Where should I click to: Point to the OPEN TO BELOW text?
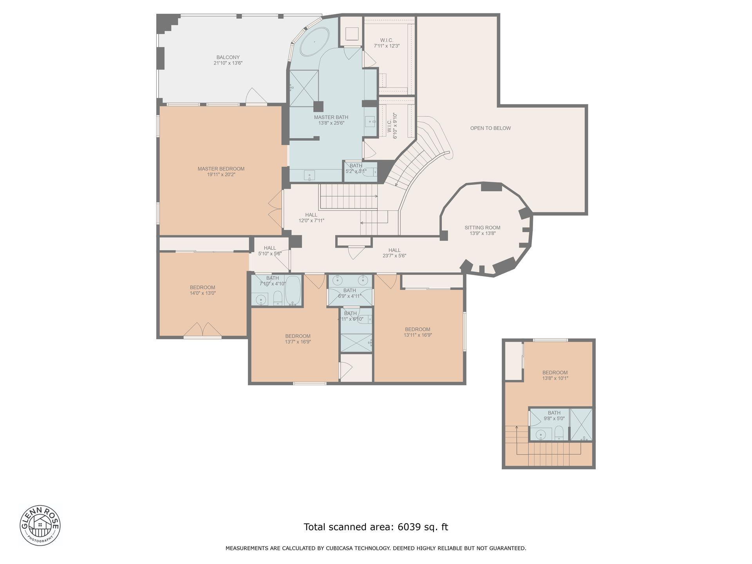(490, 128)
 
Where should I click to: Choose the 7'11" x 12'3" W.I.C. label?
(387, 43)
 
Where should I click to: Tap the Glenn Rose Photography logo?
(40, 525)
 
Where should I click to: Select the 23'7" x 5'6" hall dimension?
(394, 256)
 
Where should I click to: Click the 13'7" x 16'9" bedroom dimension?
(298, 342)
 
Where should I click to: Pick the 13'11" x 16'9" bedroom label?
(418, 332)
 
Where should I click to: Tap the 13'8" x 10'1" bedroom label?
(555, 376)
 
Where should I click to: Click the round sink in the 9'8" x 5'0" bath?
(541, 434)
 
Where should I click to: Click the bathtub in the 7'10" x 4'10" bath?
(293, 290)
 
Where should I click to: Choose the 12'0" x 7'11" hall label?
(311, 218)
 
